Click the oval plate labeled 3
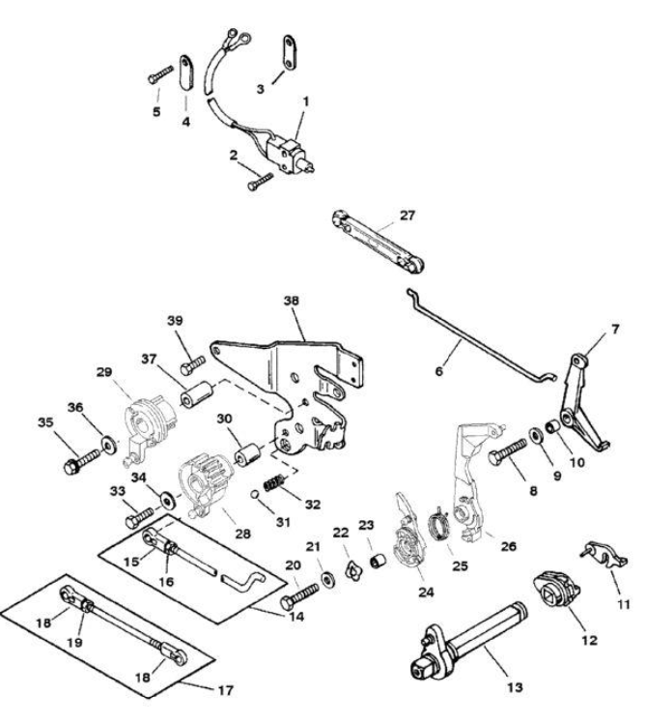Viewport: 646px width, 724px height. (x=287, y=50)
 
